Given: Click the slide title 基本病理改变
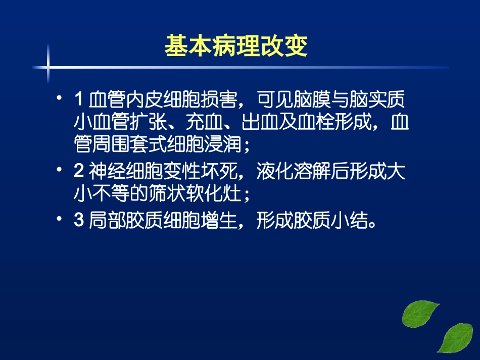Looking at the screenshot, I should tap(236, 46).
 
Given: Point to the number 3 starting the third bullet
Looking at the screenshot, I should tap(78, 221).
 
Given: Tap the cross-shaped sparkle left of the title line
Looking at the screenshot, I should tap(49, 66).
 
